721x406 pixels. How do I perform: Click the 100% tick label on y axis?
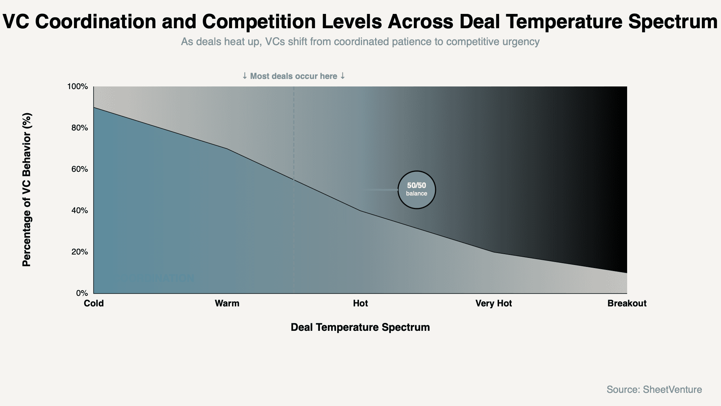point(77,87)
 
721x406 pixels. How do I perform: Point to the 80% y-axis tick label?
point(79,128)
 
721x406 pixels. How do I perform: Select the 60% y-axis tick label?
point(79,170)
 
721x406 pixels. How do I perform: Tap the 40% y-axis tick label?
point(79,211)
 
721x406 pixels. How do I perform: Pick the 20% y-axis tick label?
point(79,252)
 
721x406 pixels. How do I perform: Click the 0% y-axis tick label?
point(81,293)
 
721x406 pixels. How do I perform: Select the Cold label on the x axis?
point(94,303)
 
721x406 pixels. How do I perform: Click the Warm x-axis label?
point(227,303)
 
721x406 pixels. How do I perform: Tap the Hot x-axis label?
point(360,303)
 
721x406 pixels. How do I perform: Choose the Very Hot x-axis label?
point(493,303)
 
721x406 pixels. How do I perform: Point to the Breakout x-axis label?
point(627,303)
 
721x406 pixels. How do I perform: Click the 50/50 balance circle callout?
point(416,189)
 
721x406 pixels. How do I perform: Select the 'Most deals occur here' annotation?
point(294,76)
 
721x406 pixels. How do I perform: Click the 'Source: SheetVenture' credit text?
point(654,389)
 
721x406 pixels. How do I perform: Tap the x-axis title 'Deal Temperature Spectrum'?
point(360,327)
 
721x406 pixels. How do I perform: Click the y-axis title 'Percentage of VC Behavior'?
point(27,190)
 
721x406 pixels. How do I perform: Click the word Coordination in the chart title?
point(95,22)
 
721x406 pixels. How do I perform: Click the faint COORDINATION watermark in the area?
point(158,279)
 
